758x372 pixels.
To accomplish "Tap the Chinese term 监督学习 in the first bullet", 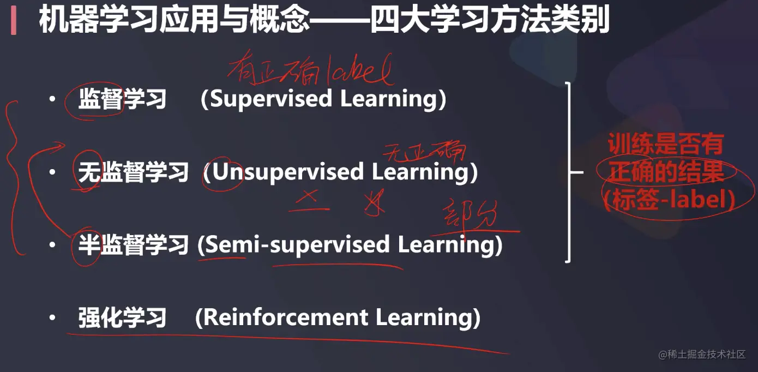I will tap(122, 99).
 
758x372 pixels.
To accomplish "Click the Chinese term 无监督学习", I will tap(133, 173).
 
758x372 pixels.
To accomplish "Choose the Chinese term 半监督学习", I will tap(133, 245).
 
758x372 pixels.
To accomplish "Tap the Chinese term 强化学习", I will tap(122, 318).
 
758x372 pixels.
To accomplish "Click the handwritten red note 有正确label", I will tap(310, 73).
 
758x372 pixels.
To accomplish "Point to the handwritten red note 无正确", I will tap(424, 152).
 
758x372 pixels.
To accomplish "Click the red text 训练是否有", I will tap(665, 145).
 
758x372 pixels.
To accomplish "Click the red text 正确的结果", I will tap(666, 172).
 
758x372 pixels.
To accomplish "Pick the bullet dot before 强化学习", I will tap(52, 317).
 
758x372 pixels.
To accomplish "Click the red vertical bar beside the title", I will tap(14, 22).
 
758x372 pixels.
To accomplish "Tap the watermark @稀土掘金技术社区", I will tap(701, 355).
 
